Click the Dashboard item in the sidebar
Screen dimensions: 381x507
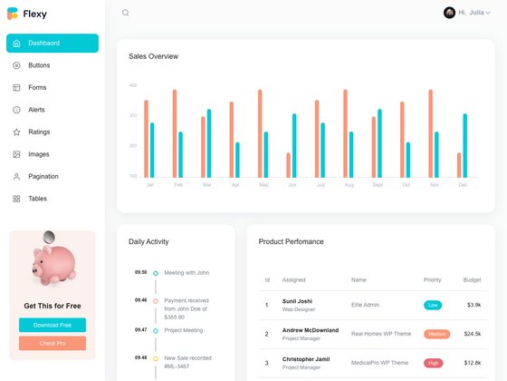pos(52,43)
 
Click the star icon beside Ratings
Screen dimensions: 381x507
pos(16,132)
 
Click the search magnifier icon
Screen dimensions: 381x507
pos(126,13)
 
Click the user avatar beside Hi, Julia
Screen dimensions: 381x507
pos(449,13)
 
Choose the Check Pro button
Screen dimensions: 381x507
pos(53,343)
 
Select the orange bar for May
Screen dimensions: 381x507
pos(260,133)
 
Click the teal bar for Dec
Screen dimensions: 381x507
pos(465,145)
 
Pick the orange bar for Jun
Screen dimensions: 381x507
pos(289,165)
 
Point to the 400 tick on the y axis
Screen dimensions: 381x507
pos(133,86)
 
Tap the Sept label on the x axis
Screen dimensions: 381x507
pos(378,185)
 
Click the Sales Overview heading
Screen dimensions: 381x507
pos(154,56)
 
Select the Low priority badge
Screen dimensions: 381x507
pos(433,305)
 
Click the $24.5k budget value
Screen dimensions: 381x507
pos(473,334)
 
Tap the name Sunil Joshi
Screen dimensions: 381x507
pos(297,300)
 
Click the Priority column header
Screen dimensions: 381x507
pos(433,279)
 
